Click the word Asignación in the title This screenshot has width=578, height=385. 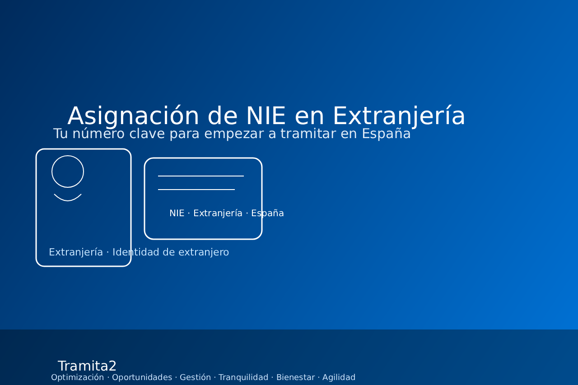click(133, 116)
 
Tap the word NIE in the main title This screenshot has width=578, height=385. click(266, 116)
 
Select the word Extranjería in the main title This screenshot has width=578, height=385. click(399, 116)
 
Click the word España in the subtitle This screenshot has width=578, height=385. click(386, 134)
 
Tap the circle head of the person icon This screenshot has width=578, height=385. click(68, 172)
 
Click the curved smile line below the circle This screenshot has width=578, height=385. click(68, 199)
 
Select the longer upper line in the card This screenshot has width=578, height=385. click(201, 176)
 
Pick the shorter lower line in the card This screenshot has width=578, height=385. click(196, 190)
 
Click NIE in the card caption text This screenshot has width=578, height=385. click(177, 213)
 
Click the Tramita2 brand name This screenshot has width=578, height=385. click(87, 366)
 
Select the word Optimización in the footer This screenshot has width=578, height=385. click(77, 377)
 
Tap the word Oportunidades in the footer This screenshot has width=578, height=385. click(142, 377)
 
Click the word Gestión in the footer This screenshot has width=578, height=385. click(195, 377)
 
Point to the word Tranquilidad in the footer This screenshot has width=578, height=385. click(243, 377)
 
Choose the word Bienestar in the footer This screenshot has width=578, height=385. click(295, 377)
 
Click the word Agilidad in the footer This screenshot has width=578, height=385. click(339, 377)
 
